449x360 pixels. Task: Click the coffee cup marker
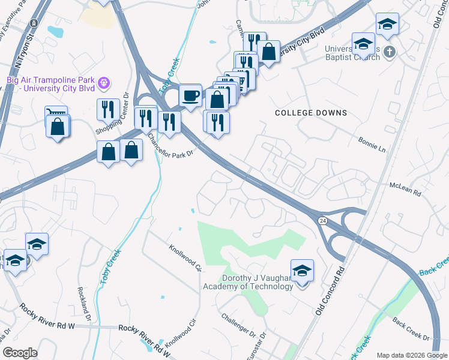(190, 95)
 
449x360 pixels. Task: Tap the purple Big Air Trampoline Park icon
(104, 81)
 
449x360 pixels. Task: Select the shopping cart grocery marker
(55, 112)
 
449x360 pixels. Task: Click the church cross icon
(389, 52)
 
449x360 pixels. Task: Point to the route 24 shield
(323, 221)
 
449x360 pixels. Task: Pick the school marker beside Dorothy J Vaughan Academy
(302, 271)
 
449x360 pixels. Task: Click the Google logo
(20, 353)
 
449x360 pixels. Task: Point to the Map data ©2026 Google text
(411, 355)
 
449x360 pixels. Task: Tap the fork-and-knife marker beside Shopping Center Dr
(108, 110)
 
